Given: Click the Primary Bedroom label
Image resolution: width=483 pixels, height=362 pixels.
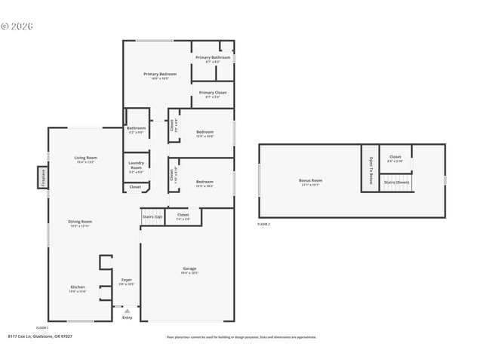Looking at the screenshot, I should [x=160, y=74].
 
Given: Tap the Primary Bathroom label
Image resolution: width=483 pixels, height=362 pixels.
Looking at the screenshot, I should [x=212, y=57].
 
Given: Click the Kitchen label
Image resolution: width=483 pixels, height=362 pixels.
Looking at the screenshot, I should [x=78, y=287].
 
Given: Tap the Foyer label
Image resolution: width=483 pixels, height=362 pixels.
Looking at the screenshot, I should [x=127, y=280].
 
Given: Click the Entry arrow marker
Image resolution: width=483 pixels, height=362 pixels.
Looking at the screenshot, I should [x=127, y=310].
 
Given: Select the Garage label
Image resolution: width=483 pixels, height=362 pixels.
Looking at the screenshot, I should [x=189, y=268].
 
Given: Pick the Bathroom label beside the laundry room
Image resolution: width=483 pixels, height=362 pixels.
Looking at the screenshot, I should [x=136, y=128].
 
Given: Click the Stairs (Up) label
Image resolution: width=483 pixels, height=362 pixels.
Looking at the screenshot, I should [x=152, y=217].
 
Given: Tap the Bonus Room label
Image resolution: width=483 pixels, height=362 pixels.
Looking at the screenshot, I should [x=310, y=180].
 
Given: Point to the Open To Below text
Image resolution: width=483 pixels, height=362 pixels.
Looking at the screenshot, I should [x=370, y=169].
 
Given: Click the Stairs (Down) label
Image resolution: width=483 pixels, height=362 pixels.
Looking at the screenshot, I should [x=396, y=183].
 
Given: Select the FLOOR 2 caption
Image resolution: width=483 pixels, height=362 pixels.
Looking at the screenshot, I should [x=263, y=224].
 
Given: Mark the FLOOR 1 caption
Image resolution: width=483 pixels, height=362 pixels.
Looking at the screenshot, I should [x=42, y=327].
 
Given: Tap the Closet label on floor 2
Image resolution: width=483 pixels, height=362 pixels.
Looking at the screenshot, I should [x=395, y=157].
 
